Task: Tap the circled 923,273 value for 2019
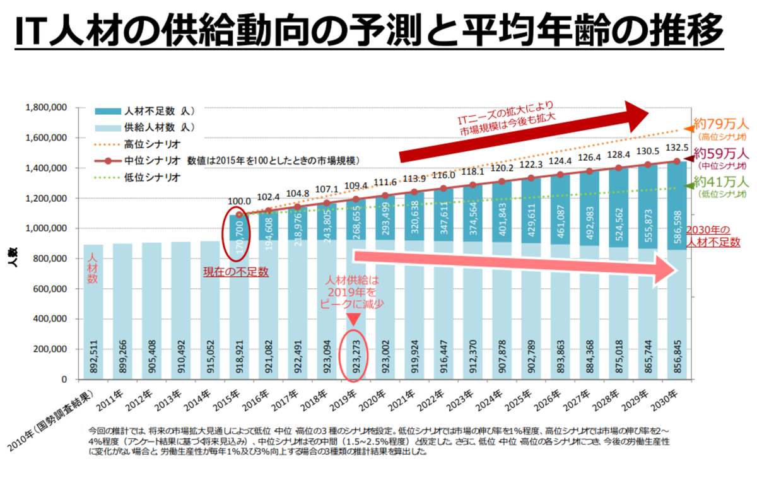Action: pyautogui.click(x=355, y=357)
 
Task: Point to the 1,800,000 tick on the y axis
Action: pyautogui.click(x=46, y=108)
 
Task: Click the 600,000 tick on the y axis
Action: pyautogui.click(x=51, y=289)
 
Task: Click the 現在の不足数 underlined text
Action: pyautogui.click(x=236, y=272)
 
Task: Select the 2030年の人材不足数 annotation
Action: pyautogui.click(x=712, y=235)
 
